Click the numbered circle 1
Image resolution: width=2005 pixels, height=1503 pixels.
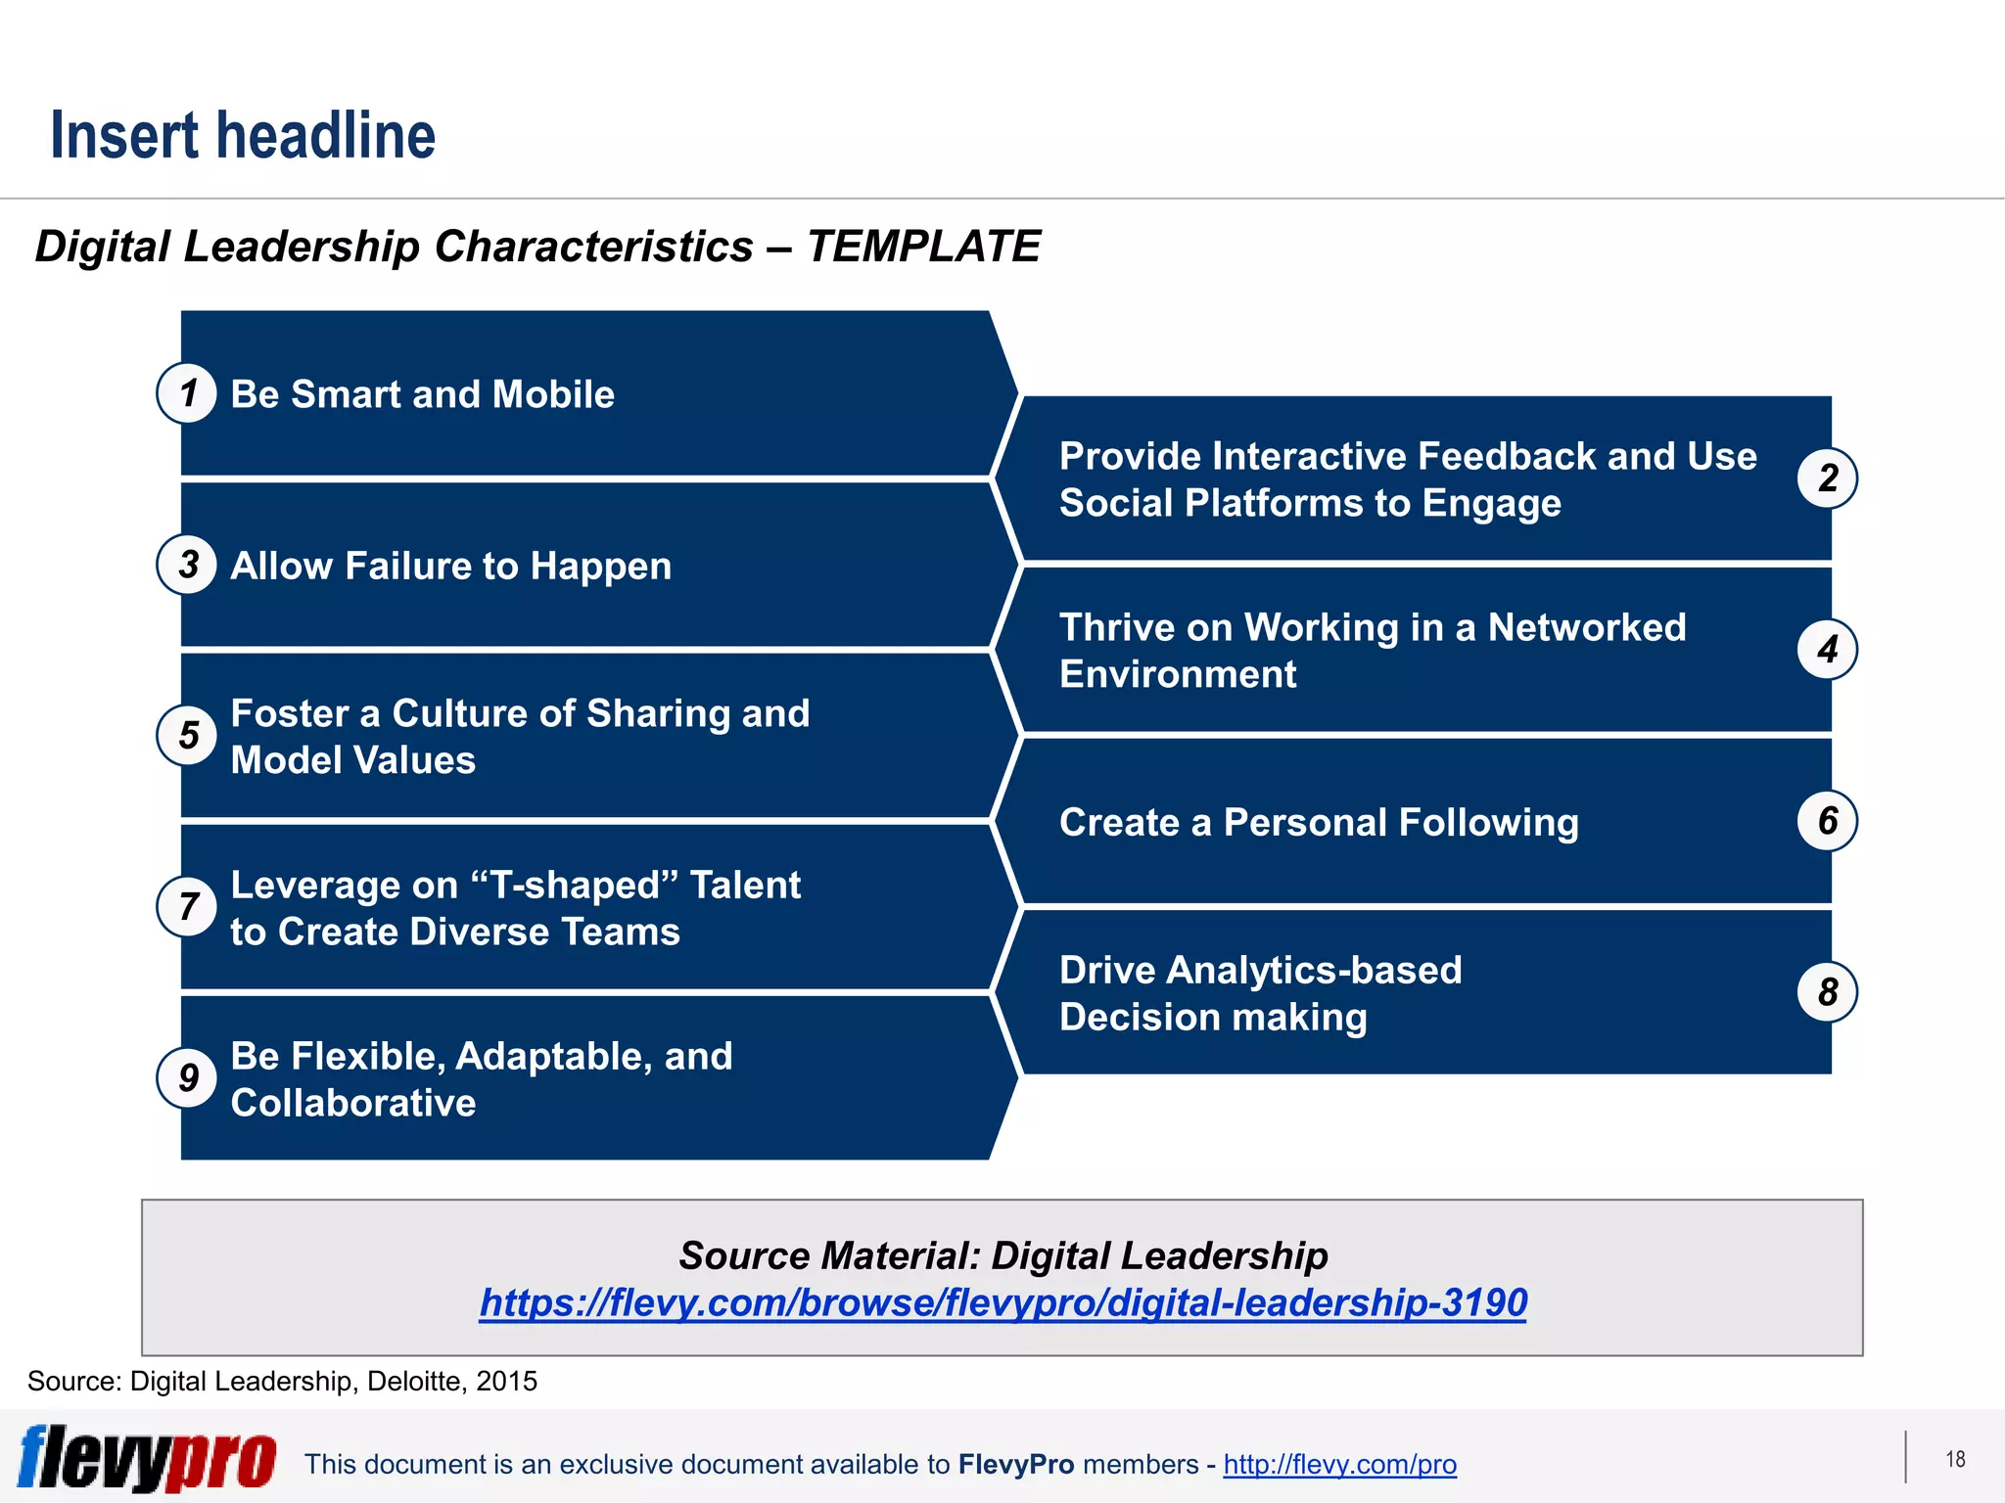[x=187, y=393]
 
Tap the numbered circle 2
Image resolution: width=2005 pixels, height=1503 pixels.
[x=1827, y=478]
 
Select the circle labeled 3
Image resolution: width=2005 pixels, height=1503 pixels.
[x=187, y=565]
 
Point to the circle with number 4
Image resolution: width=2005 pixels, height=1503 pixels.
[x=1827, y=650]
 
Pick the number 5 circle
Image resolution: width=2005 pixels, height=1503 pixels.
[x=187, y=736]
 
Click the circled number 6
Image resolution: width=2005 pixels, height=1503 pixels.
[x=1827, y=821]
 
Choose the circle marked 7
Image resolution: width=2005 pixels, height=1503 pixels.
[x=187, y=907]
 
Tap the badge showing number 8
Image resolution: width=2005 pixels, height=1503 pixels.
[x=1827, y=992]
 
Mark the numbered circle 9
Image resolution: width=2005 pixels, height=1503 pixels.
[x=187, y=1078]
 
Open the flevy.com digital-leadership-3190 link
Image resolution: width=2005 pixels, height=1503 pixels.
[x=1002, y=1302]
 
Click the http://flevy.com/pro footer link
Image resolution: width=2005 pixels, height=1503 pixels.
[x=1339, y=1465]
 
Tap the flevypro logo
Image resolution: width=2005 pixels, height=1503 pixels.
[x=147, y=1458]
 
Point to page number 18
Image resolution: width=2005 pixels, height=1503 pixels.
[x=1955, y=1460]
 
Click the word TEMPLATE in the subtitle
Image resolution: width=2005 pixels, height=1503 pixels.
[x=923, y=247]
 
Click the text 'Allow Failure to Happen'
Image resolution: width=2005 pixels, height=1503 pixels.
[x=450, y=567]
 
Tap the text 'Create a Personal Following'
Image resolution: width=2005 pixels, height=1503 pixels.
[x=1319, y=823]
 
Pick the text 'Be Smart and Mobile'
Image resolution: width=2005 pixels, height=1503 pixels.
[x=422, y=394]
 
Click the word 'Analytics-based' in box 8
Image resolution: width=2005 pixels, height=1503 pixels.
[x=1314, y=971]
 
